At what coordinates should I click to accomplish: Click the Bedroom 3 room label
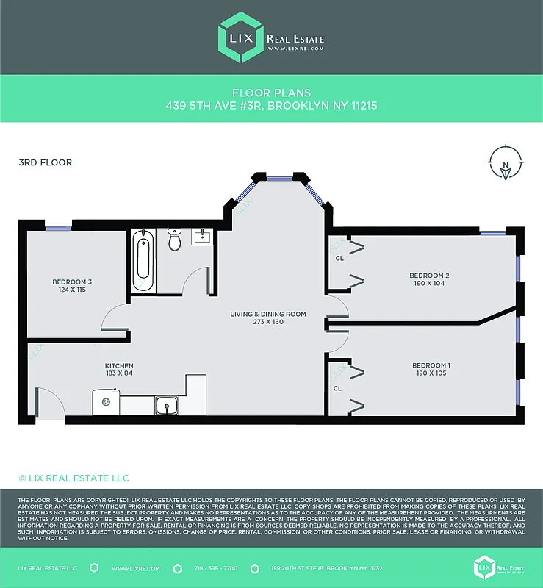tap(72, 282)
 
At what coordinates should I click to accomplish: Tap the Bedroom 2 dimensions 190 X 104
tap(429, 283)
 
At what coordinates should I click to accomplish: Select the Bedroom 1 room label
tap(431, 365)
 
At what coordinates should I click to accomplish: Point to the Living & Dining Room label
tap(267, 314)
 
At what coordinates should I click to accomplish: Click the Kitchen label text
tap(118, 365)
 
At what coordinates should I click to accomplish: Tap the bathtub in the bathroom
tap(143, 261)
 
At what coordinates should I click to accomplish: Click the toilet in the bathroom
tap(174, 239)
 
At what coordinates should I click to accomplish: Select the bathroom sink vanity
tap(201, 237)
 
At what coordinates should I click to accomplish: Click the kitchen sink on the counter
tap(167, 405)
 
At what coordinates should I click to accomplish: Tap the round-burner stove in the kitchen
tap(106, 403)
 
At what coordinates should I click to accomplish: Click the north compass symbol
tap(506, 164)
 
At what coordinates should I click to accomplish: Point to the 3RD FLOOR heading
tap(45, 162)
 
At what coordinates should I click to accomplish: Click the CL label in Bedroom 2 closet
tap(339, 258)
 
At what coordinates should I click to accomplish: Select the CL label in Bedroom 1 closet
tap(338, 387)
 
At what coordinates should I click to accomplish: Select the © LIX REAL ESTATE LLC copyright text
tap(73, 478)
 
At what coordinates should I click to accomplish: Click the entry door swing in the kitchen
tap(48, 403)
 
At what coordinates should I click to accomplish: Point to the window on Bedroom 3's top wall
tap(58, 229)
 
